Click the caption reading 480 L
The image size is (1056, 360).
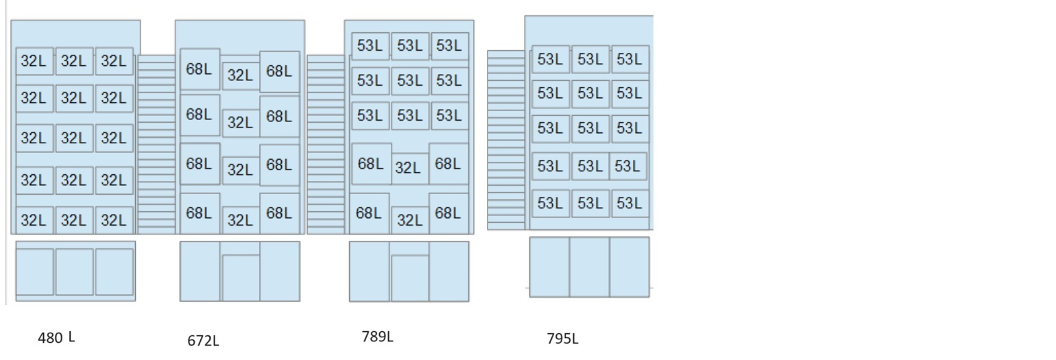[x=56, y=337]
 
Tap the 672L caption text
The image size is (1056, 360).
[x=203, y=341]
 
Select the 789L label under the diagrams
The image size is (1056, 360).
[x=377, y=337]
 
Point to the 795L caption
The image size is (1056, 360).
[x=562, y=339]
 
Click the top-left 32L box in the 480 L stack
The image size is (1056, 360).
[x=34, y=61]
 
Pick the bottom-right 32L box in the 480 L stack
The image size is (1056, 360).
[x=114, y=220]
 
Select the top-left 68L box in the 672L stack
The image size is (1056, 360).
[x=200, y=69]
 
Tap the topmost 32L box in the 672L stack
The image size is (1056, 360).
[x=241, y=75]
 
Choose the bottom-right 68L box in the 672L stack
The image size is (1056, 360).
[x=280, y=213]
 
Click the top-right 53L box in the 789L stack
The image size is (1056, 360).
[x=450, y=46]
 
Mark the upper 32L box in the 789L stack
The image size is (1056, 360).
[x=409, y=168]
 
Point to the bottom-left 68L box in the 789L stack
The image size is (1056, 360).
[x=369, y=213]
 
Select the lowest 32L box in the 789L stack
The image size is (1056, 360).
[x=410, y=220]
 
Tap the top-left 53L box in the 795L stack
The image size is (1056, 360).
[x=551, y=59]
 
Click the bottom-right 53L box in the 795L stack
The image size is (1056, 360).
[x=630, y=203]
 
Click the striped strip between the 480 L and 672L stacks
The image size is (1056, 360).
[x=156, y=144]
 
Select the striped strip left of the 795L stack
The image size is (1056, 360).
[x=506, y=140]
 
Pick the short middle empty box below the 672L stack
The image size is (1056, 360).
[x=241, y=278]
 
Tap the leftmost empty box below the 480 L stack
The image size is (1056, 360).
[x=34, y=272]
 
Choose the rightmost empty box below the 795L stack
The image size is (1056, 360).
[x=629, y=267]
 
